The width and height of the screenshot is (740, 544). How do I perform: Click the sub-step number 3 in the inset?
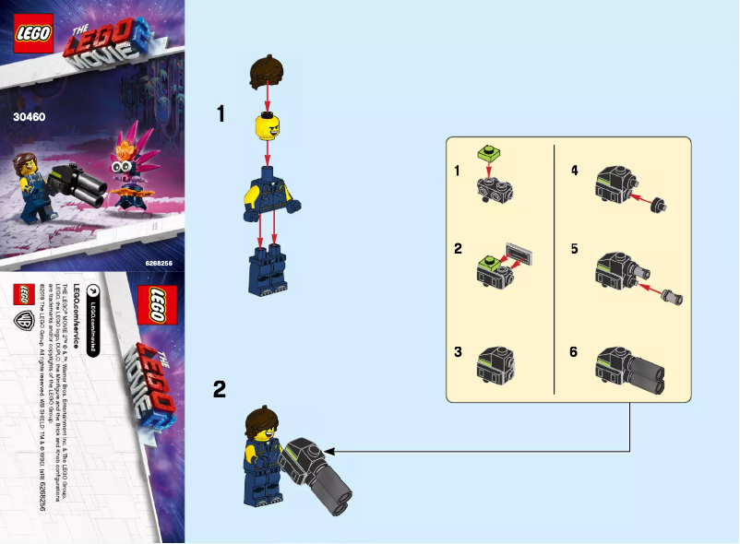[457, 352]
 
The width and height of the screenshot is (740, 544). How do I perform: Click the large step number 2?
[220, 389]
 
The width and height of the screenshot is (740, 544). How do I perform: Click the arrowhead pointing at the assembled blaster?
[329, 451]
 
